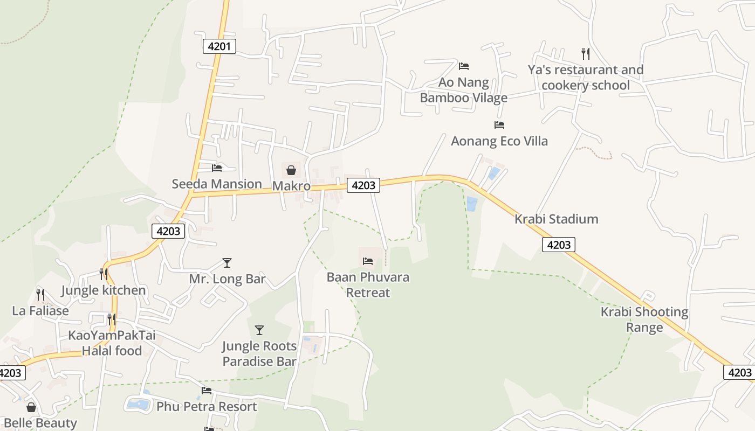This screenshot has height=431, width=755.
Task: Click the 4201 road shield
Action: pos(219,46)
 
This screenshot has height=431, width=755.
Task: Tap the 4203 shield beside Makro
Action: pos(363,185)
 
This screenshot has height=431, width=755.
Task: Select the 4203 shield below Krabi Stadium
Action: pos(559,245)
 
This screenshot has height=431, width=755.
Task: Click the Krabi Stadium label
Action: pos(556,219)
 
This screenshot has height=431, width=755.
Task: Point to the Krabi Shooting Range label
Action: pos(644,319)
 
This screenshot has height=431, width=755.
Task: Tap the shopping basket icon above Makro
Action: pos(291,171)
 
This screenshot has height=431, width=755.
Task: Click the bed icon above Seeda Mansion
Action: pos(217,168)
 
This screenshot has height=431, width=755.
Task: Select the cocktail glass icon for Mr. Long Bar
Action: pos(227,263)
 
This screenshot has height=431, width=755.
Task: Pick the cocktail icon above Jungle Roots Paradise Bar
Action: pos(259,330)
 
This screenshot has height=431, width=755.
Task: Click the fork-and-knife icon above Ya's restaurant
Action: pos(585,53)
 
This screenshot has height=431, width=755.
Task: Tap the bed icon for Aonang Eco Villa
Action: pos(499,125)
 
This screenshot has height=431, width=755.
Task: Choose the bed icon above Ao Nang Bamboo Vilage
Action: pos(463,66)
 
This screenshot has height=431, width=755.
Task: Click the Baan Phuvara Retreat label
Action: pos(368,285)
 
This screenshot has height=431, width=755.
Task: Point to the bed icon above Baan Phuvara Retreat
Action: pos(368,261)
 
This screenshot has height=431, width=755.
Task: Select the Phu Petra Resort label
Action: pos(207,406)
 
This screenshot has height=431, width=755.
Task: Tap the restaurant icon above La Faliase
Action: pos(40,294)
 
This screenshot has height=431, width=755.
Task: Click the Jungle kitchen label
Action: pos(104,290)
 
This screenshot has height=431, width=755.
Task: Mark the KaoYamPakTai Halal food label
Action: pos(112,343)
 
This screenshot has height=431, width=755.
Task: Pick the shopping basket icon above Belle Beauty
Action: pos(31,407)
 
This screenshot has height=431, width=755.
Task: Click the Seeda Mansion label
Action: pos(217,184)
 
